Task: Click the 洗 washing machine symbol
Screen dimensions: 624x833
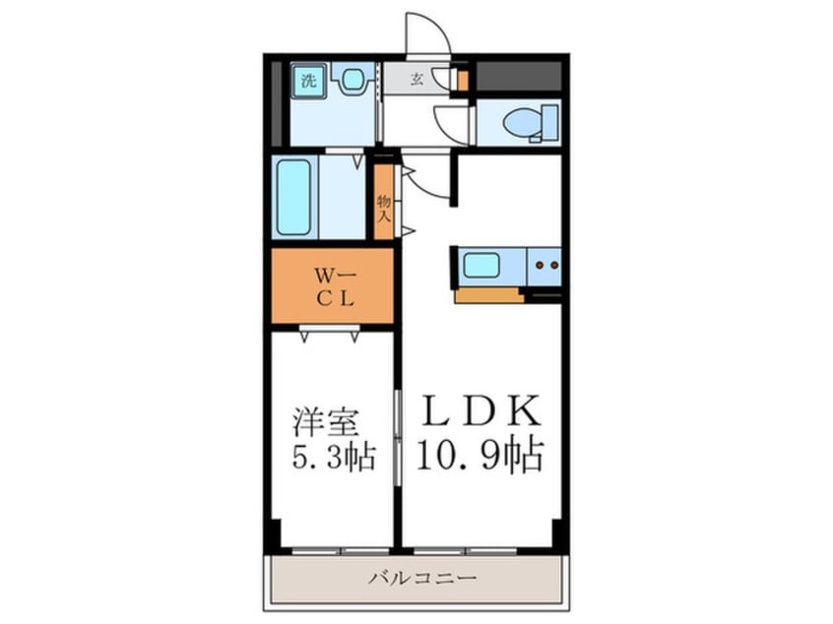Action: (308, 81)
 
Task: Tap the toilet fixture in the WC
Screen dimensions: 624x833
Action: (523, 123)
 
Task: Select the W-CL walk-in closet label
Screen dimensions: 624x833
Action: (332, 286)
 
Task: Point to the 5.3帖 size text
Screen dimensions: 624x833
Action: (333, 458)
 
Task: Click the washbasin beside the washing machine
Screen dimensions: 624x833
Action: (351, 79)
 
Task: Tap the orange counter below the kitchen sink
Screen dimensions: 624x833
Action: (488, 294)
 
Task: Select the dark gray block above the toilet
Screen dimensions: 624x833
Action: (517, 76)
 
